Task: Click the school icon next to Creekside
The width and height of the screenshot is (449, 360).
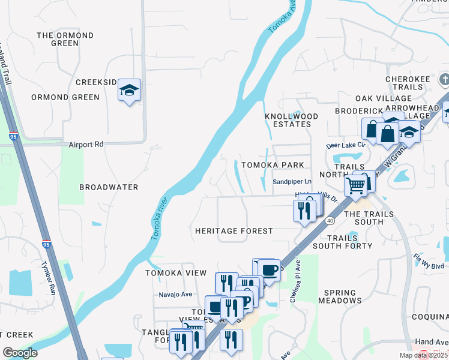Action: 129,91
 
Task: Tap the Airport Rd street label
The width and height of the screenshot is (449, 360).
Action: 86,145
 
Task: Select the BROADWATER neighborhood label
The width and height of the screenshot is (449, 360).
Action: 109,187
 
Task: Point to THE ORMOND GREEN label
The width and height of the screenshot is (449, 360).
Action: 65,40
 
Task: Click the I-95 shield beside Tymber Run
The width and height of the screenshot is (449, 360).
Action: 46,245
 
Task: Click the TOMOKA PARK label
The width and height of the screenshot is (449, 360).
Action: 272,165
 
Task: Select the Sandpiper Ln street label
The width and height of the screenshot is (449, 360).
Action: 292,181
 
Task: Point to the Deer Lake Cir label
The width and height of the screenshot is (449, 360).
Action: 345,145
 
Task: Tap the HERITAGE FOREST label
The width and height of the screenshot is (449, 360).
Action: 234,231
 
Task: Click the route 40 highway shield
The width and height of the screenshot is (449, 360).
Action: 330,221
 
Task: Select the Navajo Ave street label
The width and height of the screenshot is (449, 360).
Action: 175,294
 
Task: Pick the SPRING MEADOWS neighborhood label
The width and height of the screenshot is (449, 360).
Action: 343,296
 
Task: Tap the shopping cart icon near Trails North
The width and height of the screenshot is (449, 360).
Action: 356,187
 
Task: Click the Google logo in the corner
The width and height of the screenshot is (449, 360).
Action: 19,353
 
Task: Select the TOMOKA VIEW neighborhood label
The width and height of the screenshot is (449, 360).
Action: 168,273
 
